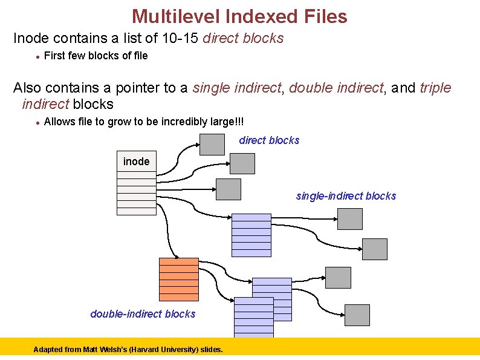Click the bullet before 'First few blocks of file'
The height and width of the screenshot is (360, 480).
pyautogui.click(x=37, y=56)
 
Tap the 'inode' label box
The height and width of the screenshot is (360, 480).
pyautogui.click(x=136, y=162)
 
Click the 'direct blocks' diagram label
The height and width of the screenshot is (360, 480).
pyautogui.click(x=269, y=140)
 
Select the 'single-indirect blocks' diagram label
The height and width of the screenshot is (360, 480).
pyautogui.click(x=346, y=196)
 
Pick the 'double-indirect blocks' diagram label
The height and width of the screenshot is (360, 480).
pyautogui.click(x=143, y=313)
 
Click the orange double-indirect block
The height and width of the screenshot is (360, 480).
pyautogui.click(x=178, y=279)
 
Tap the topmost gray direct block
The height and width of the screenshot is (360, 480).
pyautogui.click(x=212, y=143)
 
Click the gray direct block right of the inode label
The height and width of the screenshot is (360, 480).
pyautogui.click(x=242, y=163)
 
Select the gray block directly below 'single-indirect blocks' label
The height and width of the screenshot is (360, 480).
pyautogui.click(x=349, y=218)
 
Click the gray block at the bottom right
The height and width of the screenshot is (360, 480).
pyautogui.click(x=357, y=315)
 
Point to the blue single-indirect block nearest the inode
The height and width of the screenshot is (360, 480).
pyautogui.click(x=251, y=235)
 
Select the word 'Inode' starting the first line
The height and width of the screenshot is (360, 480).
pyautogui.click(x=31, y=38)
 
